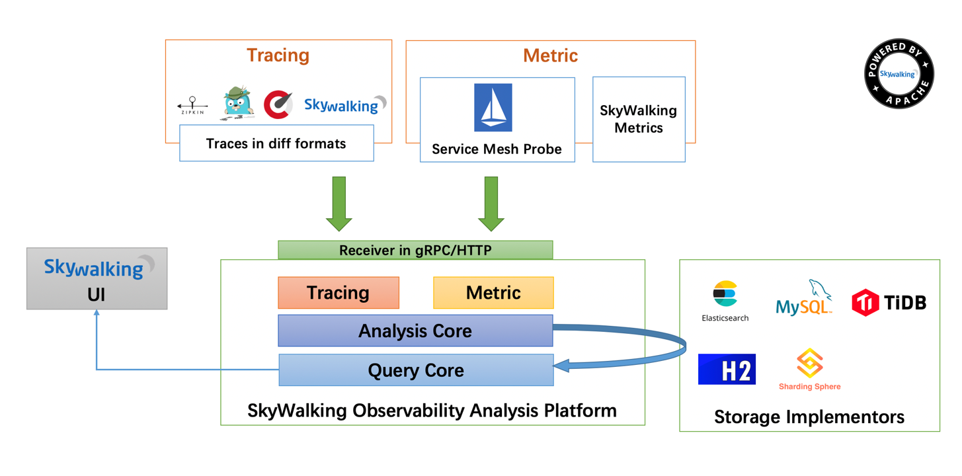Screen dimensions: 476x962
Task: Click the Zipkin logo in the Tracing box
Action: (x=192, y=106)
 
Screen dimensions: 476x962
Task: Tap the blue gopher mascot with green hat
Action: (x=237, y=102)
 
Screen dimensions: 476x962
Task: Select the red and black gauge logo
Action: (x=278, y=104)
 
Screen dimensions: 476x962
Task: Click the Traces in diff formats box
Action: (x=276, y=143)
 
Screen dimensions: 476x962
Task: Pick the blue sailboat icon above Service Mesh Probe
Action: (x=493, y=108)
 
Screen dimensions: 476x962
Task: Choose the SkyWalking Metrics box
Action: (x=639, y=119)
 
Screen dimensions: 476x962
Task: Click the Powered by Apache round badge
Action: (x=899, y=73)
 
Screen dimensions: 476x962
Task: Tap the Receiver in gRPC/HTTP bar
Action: (x=415, y=250)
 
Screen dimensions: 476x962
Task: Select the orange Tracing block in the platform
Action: (x=339, y=293)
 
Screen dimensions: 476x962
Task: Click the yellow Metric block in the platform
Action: (x=493, y=293)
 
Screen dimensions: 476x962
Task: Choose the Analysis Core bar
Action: (x=415, y=331)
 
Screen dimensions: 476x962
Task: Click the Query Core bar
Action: (x=416, y=370)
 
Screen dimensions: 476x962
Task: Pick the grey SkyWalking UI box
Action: (x=97, y=278)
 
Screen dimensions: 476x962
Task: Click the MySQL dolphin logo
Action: (x=804, y=298)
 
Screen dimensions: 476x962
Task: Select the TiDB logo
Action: (x=889, y=303)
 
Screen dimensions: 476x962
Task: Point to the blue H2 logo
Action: (x=727, y=370)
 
